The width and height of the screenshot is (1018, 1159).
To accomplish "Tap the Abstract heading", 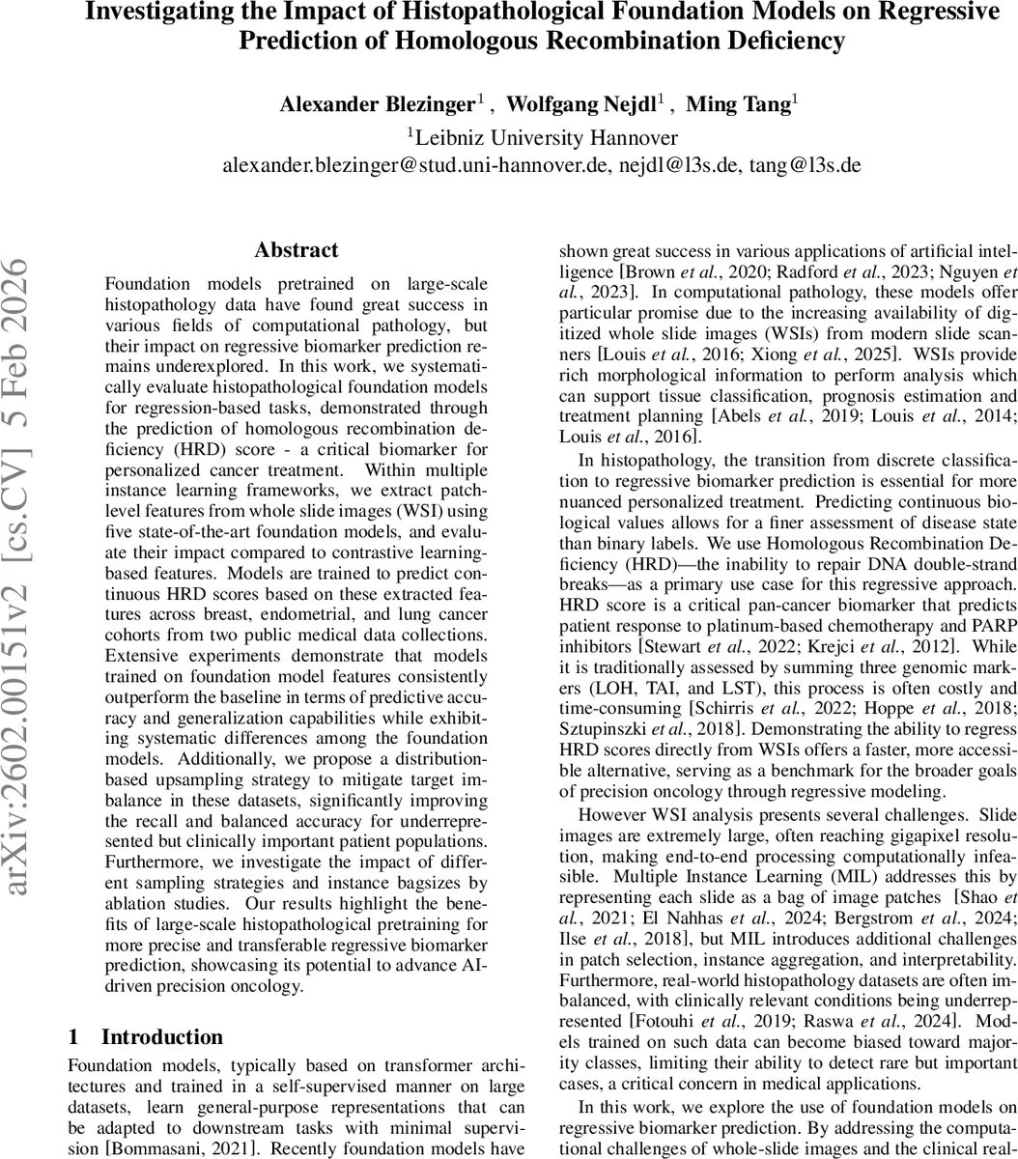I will click(x=297, y=250).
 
